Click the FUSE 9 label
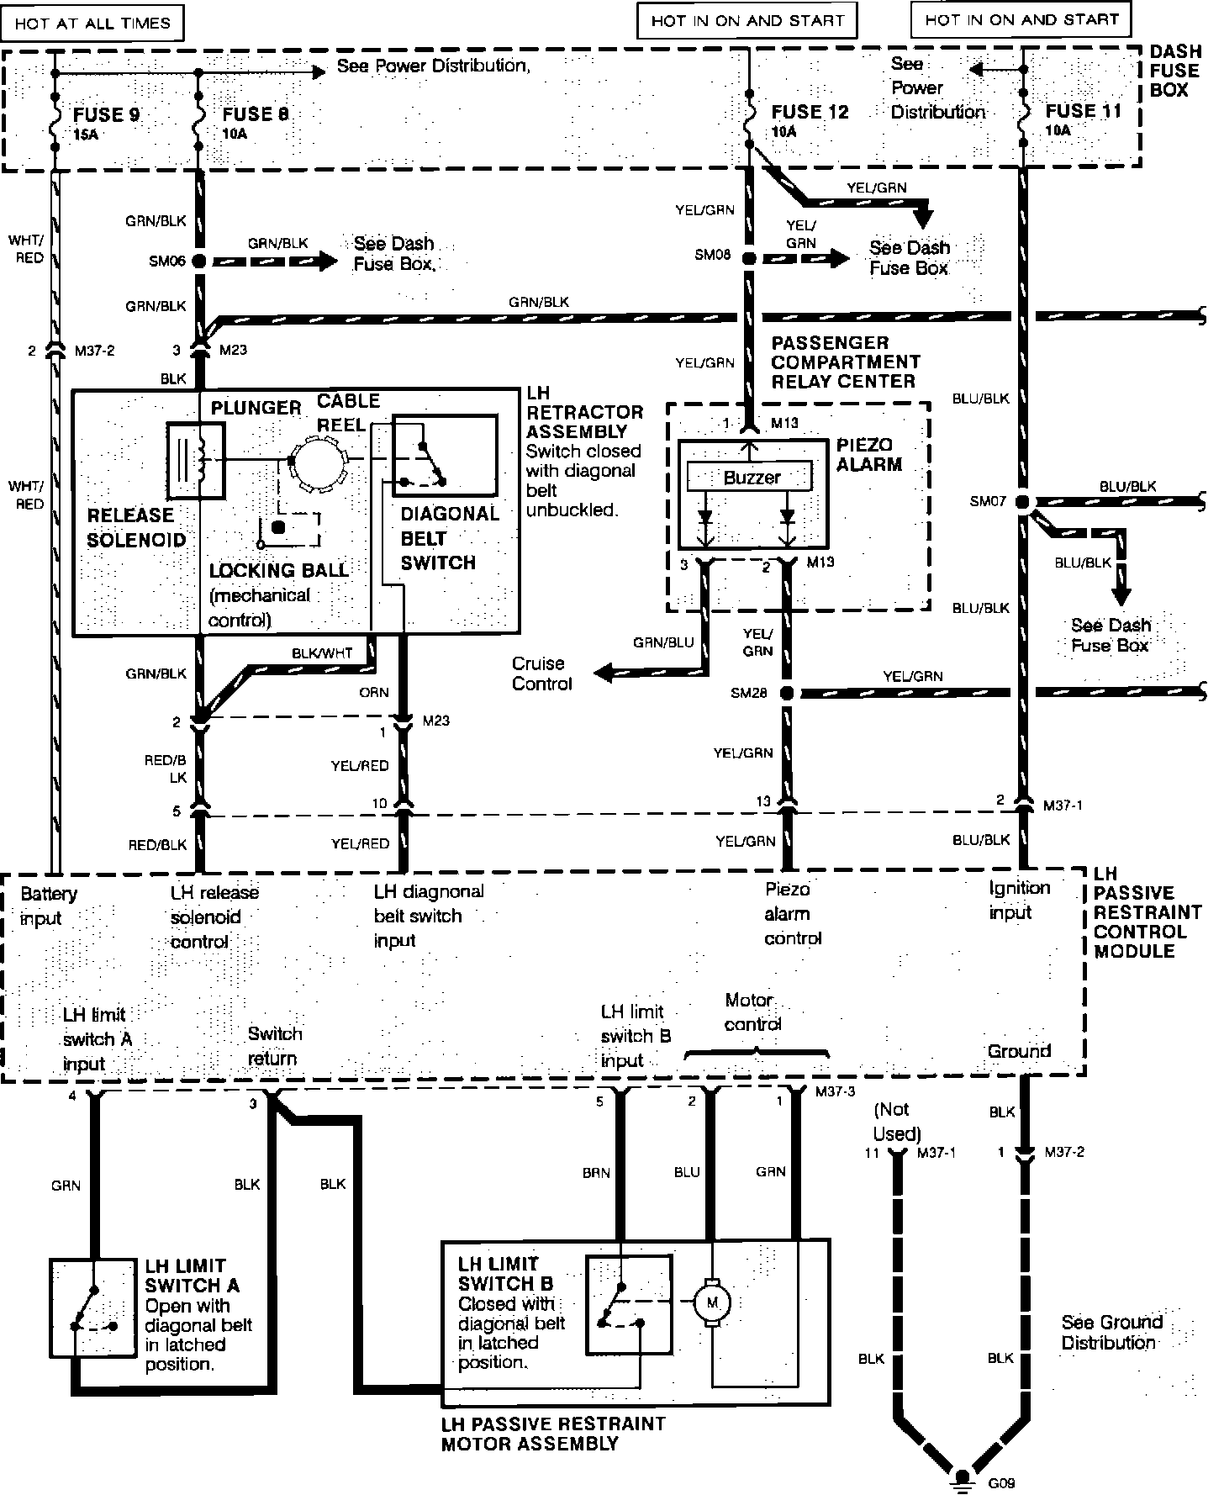[x=106, y=115]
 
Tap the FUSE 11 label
[x=1083, y=112]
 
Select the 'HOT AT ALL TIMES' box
[x=92, y=23]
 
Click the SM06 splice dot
[x=199, y=261]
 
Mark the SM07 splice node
[x=1023, y=502]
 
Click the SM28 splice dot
[x=787, y=694]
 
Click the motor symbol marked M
[x=712, y=1303]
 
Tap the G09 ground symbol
[x=962, y=1477]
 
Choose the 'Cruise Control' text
[x=539, y=674]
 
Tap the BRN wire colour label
[x=596, y=1172]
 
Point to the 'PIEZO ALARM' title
[x=869, y=454]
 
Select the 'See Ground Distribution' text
[x=1111, y=1332]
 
